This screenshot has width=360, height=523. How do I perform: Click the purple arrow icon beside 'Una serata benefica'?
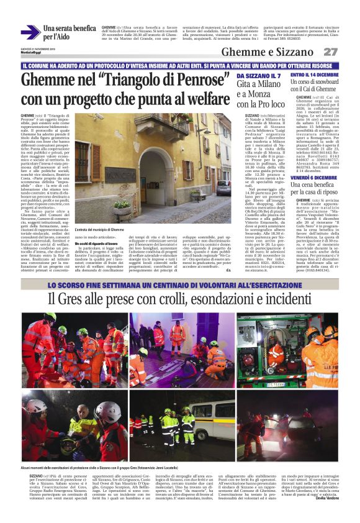[30, 32]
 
